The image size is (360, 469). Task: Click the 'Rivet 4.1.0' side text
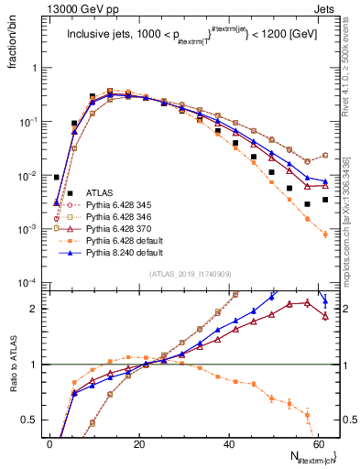click(x=350, y=64)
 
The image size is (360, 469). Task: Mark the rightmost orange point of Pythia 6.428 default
click(x=325, y=234)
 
